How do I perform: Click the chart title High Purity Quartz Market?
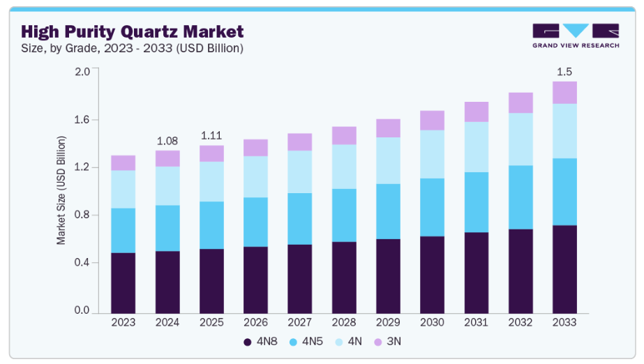tap(133, 31)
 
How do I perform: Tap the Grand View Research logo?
tap(575, 36)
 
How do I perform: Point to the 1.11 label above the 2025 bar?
tap(211, 135)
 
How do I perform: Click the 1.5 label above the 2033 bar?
tap(564, 71)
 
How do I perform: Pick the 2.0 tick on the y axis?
tap(82, 71)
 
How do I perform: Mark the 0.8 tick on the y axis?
tap(82, 215)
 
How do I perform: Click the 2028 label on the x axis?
tap(344, 322)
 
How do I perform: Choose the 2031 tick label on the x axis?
tap(477, 322)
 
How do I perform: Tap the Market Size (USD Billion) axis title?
tap(61, 191)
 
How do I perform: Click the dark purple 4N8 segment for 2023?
tap(123, 282)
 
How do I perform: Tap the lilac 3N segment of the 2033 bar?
tap(564, 93)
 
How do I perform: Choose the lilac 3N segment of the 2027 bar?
tap(299, 142)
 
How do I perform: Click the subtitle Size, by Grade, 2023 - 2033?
tap(133, 48)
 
